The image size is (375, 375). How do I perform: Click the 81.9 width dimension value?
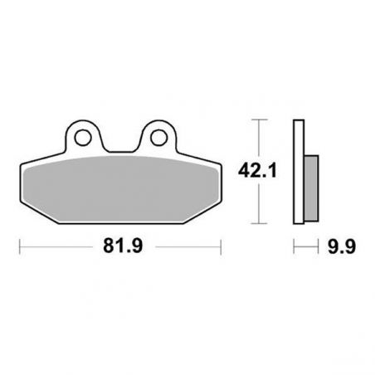click(x=123, y=246)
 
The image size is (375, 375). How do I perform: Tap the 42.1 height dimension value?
click(x=257, y=170)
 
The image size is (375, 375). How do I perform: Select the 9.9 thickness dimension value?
click(x=342, y=246)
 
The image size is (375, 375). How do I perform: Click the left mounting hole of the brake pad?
click(x=83, y=138)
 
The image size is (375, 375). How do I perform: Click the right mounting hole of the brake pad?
click(x=158, y=138)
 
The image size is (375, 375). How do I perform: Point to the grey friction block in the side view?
click(x=311, y=188)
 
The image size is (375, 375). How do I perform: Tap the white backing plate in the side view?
click(x=299, y=172)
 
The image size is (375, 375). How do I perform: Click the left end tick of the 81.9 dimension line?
click(x=20, y=246)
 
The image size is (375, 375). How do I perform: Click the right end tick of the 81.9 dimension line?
click(x=221, y=246)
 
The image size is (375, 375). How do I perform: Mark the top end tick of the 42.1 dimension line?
click(x=259, y=119)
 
